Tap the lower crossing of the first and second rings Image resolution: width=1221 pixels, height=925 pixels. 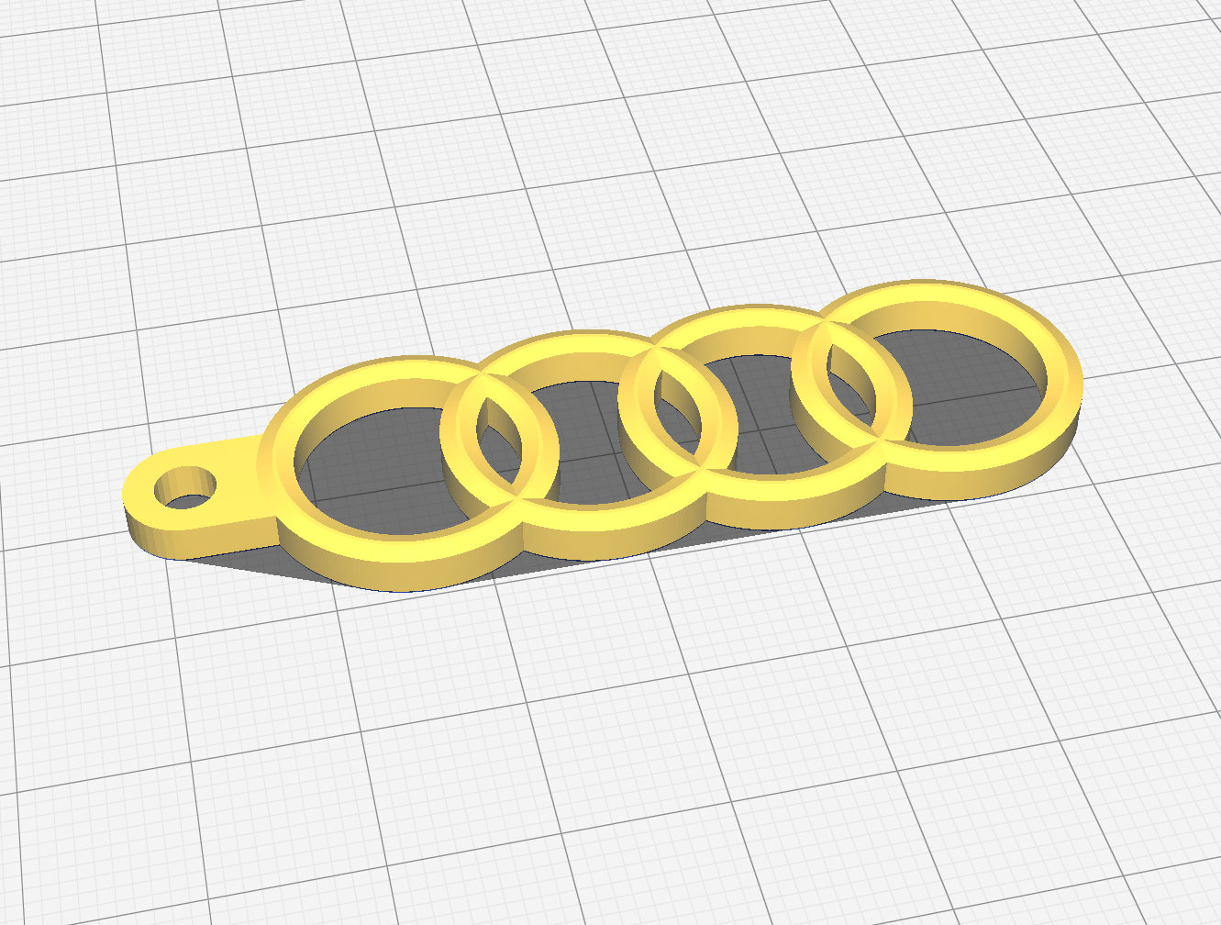click(519, 501)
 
